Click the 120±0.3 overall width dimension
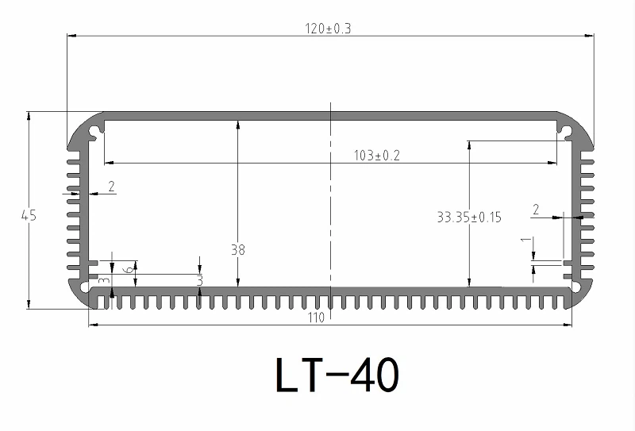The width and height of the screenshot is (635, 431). click(328, 29)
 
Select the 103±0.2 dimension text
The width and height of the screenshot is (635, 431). click(376, 156)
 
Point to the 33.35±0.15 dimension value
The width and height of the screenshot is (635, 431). click(469, 216)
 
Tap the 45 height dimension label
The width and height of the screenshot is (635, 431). click(29, 214)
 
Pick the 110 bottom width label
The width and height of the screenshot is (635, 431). click(317, 317)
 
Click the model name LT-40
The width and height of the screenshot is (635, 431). click(336, 375)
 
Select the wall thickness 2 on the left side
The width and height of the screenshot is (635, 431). click(111, 187)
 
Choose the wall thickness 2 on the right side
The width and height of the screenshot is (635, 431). click(536, 210)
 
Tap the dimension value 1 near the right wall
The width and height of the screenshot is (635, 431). click(523, 239)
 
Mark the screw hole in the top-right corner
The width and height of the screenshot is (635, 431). click(566, 127)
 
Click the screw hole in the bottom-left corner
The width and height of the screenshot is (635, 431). click(85, 286)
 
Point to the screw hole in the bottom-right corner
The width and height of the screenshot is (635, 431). click(577, 286)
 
